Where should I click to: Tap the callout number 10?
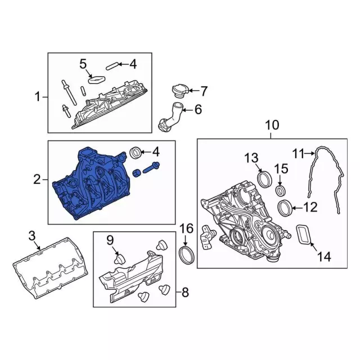coord(272,125)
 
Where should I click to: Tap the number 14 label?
coord(324,258)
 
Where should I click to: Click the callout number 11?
coord(298,152)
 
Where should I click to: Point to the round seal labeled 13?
coord(263,179)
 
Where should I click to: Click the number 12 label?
coord(310,207)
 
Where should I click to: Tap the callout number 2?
coord(37,180)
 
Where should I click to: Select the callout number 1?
coord(38,97)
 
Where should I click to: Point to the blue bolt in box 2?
coord(152,166)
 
